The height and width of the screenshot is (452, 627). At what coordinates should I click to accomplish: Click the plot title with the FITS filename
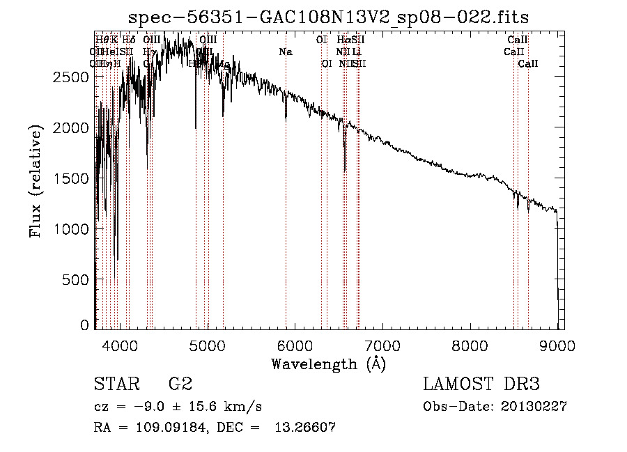pos(330,17)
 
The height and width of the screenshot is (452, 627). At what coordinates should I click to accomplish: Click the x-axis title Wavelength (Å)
pos(328,364)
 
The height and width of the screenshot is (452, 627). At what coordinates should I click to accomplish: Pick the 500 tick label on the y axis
pos(76,279)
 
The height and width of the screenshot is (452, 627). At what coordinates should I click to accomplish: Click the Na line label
pos(285,52)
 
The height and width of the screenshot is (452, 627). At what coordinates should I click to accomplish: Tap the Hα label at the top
pos(342,40)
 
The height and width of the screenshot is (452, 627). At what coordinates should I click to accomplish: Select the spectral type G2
pos(180,384)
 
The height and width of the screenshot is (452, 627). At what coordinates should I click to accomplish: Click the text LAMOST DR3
pos(481,384)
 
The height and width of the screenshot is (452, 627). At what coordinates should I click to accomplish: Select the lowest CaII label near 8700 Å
pos(528,63)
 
